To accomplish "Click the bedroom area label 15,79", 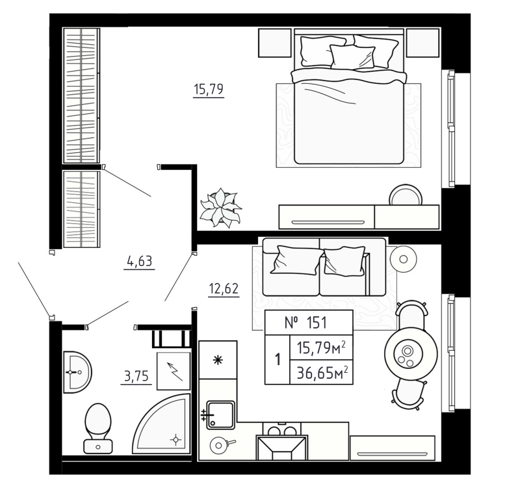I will (x=209, y=90).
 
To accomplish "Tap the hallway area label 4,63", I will (x=139, y=262).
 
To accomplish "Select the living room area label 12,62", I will (x=224, y=290).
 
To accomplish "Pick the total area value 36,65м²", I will (x=321, y=372).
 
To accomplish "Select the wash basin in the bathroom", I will (x=76, y=372).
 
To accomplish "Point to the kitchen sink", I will (x=219, y=413).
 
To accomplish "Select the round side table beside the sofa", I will (x=403, y=258).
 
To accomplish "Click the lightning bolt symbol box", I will (x=174, y=371).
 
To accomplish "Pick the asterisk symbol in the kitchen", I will (x=218, y=360).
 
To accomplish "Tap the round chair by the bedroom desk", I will (x=406, y=195).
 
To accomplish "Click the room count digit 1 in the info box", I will (x=278, y=359).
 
